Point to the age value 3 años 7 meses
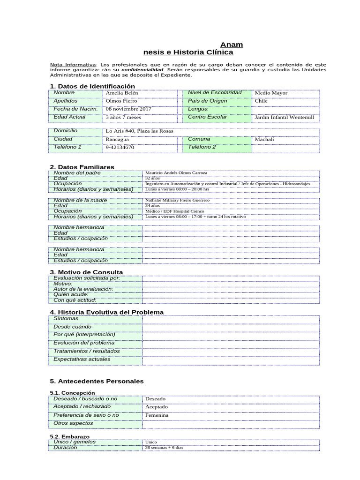[x=124, y=117]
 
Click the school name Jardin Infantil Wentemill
[x=284, y=117]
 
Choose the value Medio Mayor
[x=271, y=93]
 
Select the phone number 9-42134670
[x=120, y=147]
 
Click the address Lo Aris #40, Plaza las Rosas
[x=140, y=131]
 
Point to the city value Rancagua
[x=118, y=139]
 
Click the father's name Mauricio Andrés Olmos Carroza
[x=176, y=173]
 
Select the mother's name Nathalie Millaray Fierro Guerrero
[x=178, y=200]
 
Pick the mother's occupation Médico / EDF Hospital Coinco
[x=174, y=211]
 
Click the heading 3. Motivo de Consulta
[x=86, y=272]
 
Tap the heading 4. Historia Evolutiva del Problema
[x=106, y=312]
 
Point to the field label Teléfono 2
[x=202, y=147]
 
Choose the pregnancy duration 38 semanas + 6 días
[x=165, y=448]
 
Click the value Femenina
[x=157, y=415]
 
